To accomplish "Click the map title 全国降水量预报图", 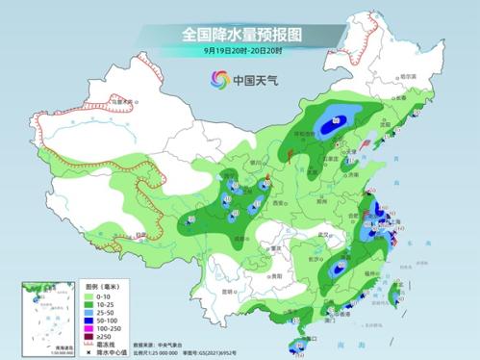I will pyautogui.click(x=240, y=34).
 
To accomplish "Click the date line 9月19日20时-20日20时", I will pyautogui.click(x=240, y=50).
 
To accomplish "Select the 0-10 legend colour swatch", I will pyautogui.click(x=92, y=296).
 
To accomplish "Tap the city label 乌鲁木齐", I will pyautogui.click(x=120, y=100).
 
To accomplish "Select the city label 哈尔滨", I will pyautogui.click(x=409, y=76).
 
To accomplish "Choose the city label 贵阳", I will pyautogui.click(x=256, y=272).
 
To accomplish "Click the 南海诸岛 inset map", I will pyautogui.click(x=41, y=313).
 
